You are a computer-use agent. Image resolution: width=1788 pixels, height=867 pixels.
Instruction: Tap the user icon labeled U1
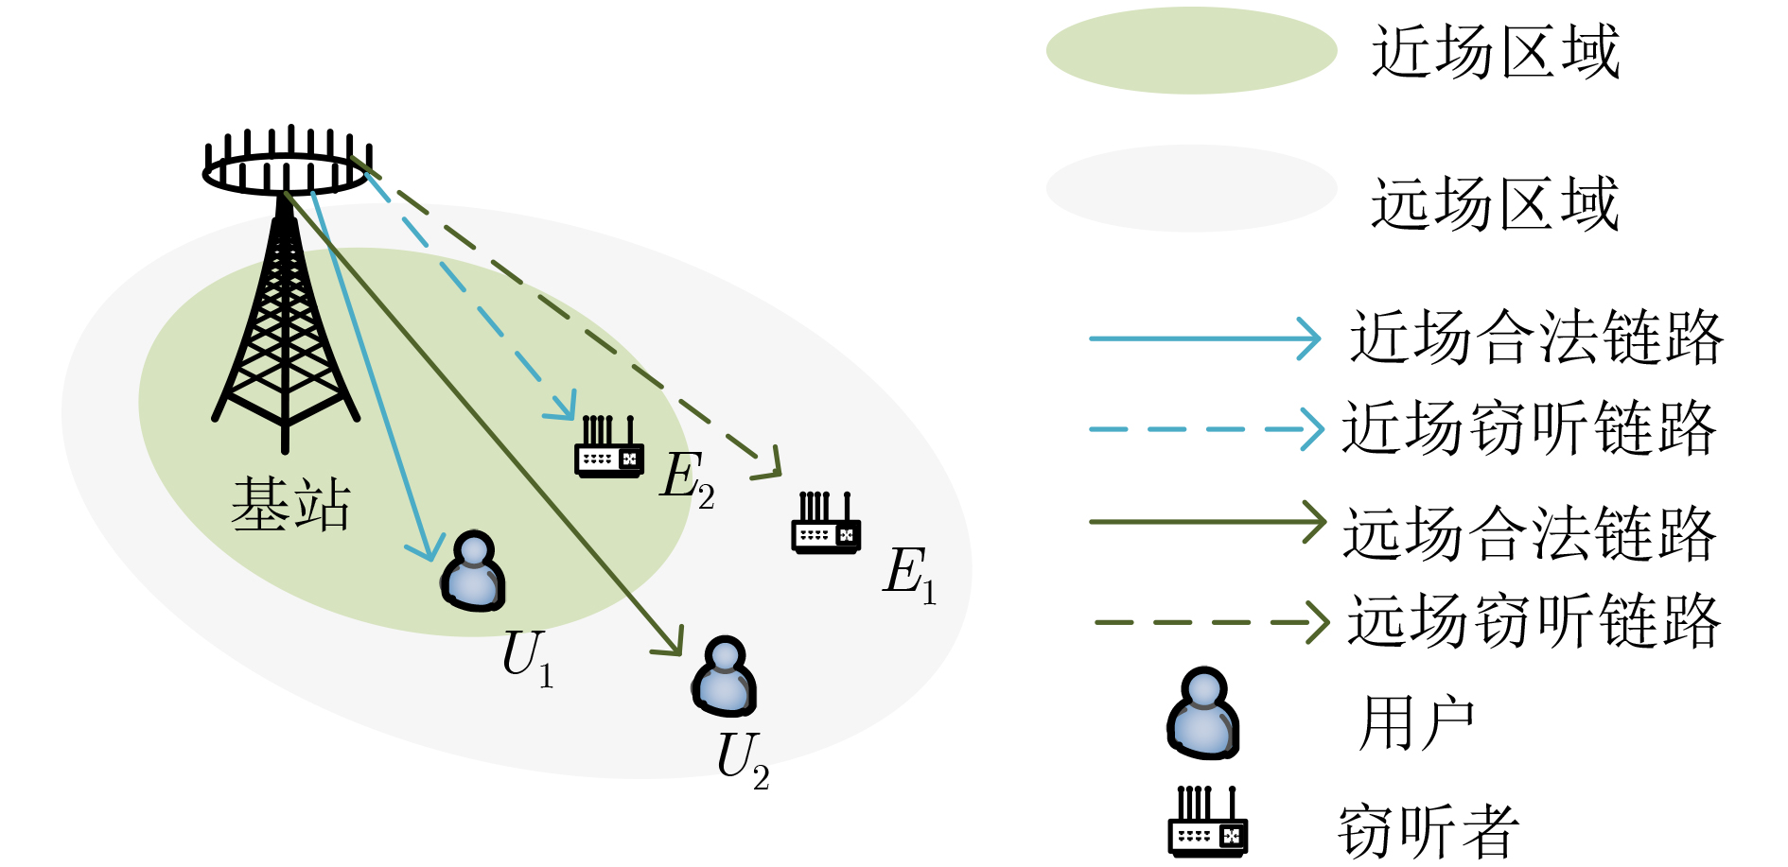point(473,571)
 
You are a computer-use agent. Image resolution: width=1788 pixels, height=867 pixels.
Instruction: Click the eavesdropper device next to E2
point(609,447)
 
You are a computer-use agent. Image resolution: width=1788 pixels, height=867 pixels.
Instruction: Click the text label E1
point(909,574)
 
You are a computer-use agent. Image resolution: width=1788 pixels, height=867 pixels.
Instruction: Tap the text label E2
point(687,478)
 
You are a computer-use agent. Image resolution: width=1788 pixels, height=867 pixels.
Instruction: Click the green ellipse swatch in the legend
point(1191,50)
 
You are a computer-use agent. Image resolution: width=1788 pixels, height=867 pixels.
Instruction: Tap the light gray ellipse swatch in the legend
point(1191,188)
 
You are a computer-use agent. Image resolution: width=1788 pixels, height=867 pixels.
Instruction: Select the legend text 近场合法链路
point(1535,338)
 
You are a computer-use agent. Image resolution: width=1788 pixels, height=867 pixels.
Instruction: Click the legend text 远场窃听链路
point(1534,621)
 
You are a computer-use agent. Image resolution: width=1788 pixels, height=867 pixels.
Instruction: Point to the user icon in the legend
point(1202,714)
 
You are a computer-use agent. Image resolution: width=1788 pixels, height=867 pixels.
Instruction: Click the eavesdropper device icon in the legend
point(1208,823)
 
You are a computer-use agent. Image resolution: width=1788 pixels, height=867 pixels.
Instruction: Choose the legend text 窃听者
point(1428,831)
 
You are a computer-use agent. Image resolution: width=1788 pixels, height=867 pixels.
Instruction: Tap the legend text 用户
point(1416,723)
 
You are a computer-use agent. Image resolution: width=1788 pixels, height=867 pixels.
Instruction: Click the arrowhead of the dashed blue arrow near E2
point(566,409)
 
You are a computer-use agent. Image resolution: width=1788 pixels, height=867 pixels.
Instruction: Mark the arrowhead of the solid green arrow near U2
point(672,644)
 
